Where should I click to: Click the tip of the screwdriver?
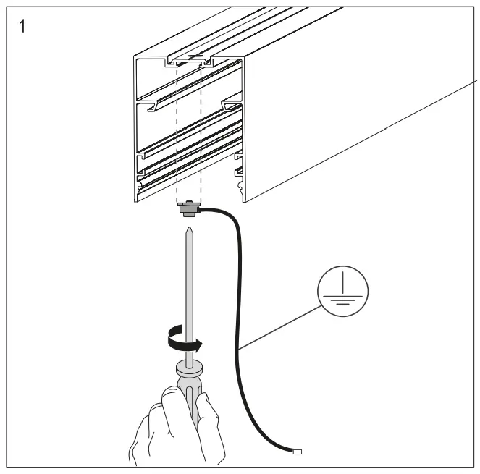tap(190, 230)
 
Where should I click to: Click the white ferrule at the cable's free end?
tap(297, 453)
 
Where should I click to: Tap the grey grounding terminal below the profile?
tap(188, 210)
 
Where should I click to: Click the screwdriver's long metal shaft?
tap(190, 289)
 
